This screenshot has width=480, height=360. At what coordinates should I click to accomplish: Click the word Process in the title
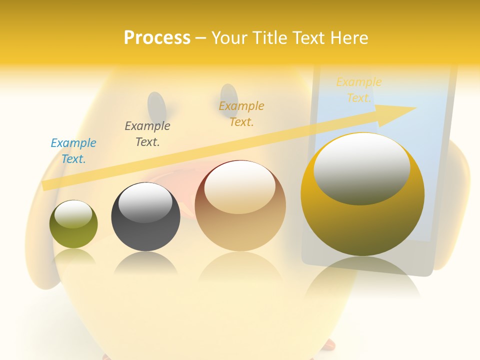pyautogui.click(x=157, y=37)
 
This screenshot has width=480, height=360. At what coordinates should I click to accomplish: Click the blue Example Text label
pyautogui.click(x=73, y=150)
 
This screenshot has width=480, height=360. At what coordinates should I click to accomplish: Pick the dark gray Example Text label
pyautogui.click(x=147, y=133)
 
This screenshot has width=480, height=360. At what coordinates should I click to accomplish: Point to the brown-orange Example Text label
pyautogui.click(x=241, y=113)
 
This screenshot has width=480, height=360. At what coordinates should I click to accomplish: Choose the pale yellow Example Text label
pyautogui.click(x=358, y=89)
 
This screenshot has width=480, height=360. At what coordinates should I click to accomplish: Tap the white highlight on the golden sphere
pyautogui.click(x=361, y=167)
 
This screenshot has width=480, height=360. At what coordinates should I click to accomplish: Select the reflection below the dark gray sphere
pyautogui.click(x=145, y=262)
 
